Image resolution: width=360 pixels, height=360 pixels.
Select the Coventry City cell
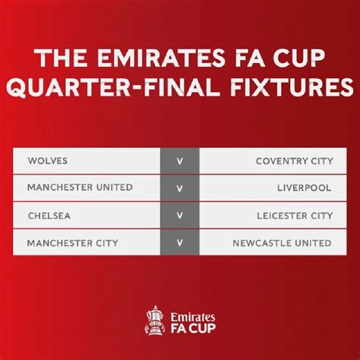293,160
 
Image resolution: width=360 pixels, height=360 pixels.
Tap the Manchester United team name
80,188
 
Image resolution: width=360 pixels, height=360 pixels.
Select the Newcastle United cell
283,244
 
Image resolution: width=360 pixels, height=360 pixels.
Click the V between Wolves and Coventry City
179,161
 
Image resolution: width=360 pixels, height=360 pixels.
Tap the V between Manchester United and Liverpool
179,188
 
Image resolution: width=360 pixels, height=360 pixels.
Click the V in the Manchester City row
179,244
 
